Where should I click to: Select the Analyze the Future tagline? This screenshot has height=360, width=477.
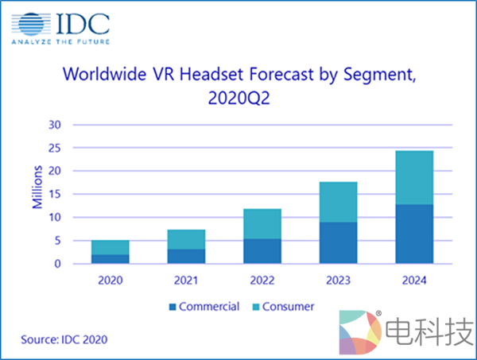point(60,41)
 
